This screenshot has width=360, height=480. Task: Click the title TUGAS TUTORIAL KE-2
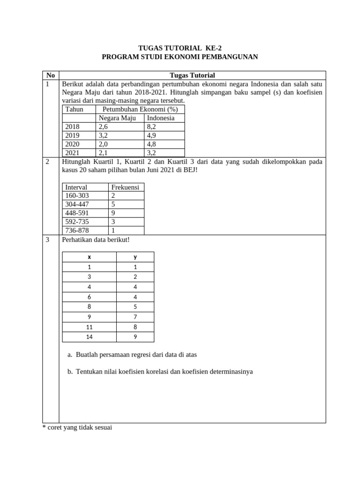point(180,48)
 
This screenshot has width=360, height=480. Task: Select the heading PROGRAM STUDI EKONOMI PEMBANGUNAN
point(180,57)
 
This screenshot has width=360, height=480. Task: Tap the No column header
point(51,75)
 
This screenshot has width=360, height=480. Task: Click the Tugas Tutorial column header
point(192,75)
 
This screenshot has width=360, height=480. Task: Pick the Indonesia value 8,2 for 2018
point(151,127)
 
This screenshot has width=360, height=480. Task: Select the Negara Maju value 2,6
point(103,127)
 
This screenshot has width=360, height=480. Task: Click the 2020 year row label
point(73,144)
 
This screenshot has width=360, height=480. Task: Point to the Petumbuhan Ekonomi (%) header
point(140,109)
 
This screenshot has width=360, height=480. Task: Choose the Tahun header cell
point(74,109)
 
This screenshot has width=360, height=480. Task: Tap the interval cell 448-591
point(77,213)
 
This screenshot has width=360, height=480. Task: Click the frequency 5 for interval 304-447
point(113,204)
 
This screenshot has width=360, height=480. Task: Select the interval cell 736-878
point(77,230)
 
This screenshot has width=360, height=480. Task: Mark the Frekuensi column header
point(125,187)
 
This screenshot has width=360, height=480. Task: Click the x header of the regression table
point(89,257)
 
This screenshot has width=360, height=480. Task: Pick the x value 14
point(89,337)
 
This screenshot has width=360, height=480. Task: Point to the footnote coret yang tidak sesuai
point(77,427)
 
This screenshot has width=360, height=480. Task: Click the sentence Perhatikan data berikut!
point(96,240)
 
